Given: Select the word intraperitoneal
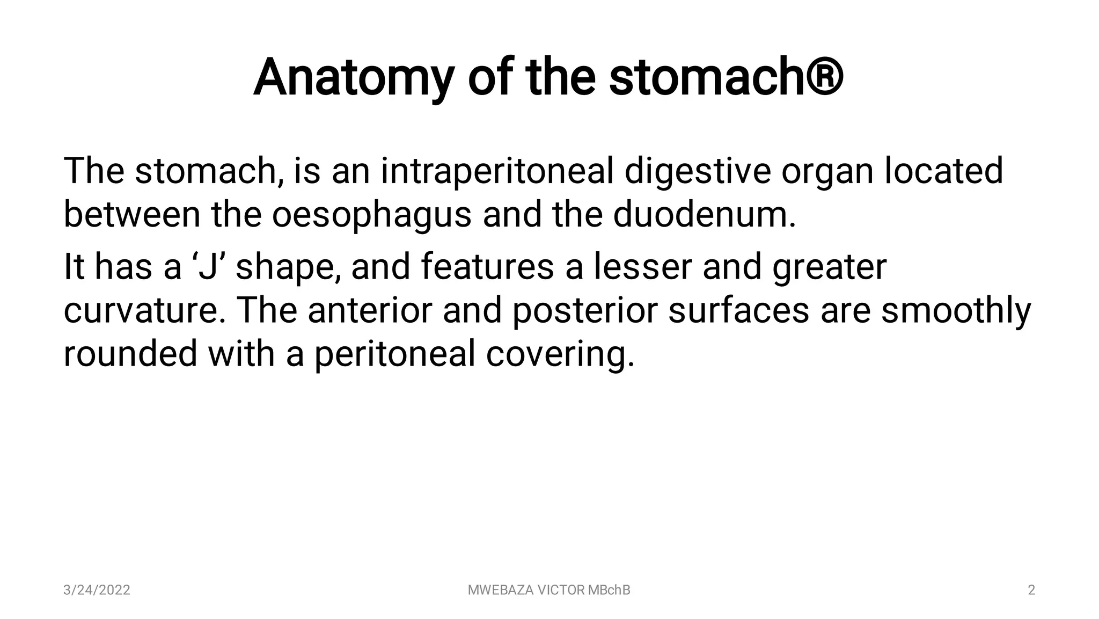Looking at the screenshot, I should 497,171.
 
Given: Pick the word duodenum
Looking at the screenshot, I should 704,215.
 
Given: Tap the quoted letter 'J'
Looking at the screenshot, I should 208,267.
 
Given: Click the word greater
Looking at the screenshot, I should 829,267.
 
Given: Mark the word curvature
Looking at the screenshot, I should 144,310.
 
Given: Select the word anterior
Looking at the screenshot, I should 370,310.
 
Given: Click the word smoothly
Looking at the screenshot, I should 956,310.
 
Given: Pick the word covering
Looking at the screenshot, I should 560,354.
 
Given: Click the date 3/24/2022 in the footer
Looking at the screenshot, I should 97,590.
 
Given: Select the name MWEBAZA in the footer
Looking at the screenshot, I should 501,590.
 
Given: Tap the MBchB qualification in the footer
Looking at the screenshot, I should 609,590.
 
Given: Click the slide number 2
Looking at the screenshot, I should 1031,590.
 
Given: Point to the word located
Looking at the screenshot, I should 943,171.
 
